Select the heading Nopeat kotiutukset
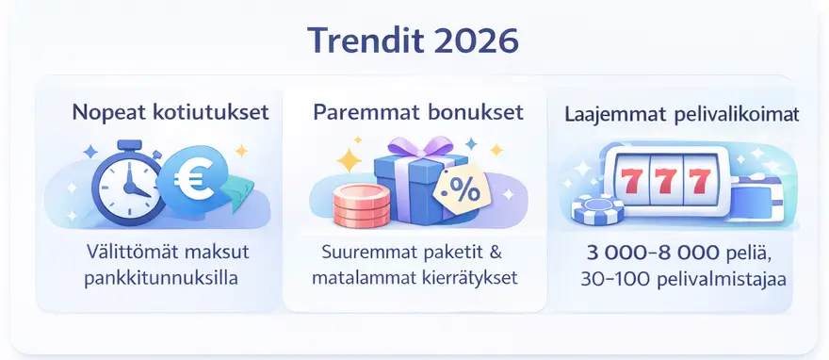[x=171, y=112]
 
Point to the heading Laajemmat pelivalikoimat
[x=682, y=115]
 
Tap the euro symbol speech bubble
[x=195, y=182]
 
